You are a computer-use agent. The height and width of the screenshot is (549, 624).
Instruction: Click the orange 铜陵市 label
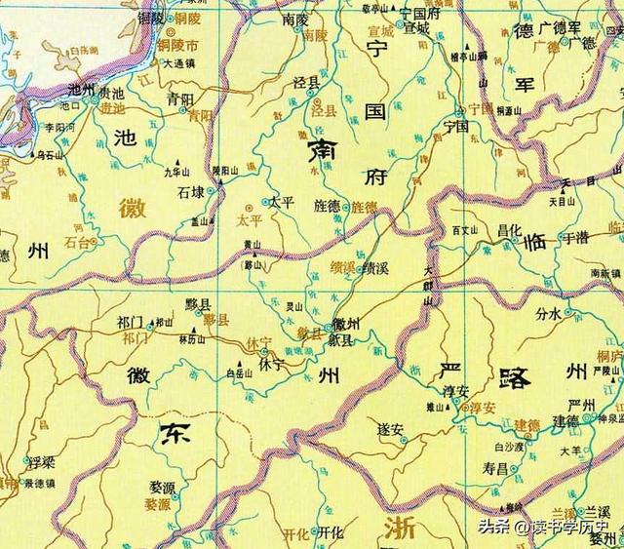(x=180, y=45)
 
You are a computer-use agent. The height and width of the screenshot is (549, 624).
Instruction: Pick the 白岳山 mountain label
(x=238, y=372)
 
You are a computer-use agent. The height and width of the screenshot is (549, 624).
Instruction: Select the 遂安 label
(x=391, y=426)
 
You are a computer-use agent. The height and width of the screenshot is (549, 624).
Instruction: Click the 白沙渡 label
(x=509, y=447)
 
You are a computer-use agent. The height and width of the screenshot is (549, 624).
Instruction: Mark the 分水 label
(x=550, y=313)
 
